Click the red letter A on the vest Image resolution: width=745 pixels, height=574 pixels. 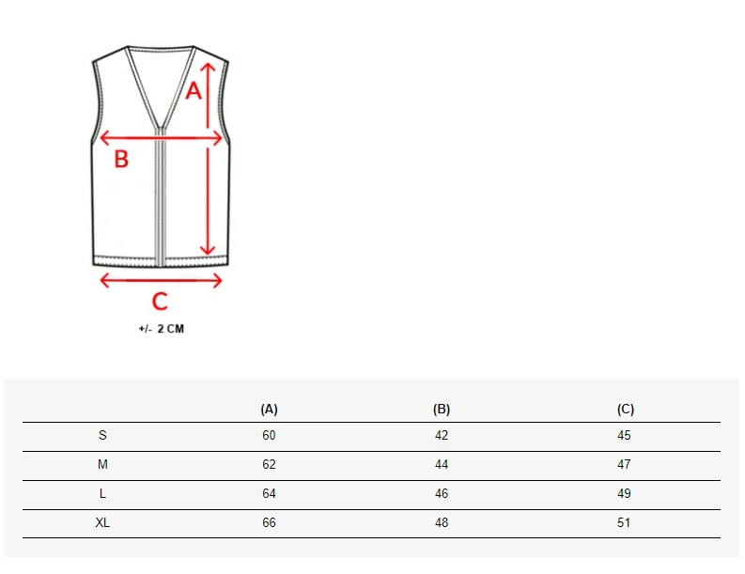[x=194, y=90]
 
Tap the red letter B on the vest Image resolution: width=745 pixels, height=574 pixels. [x=121, y=159]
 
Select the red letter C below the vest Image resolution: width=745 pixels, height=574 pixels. [x=160, y=302]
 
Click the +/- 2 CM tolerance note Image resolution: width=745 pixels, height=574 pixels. [x=161, y=329]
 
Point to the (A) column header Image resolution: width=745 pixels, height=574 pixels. [x=269, y=409]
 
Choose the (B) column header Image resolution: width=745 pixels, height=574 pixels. [x=442, y=409]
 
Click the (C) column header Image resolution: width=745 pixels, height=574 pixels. [x=626, y=409]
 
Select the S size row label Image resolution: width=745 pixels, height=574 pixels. [x=102, y=435]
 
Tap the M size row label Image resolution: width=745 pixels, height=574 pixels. [x=102, y=464]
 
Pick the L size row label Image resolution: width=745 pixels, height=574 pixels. [x=102, y=494]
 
